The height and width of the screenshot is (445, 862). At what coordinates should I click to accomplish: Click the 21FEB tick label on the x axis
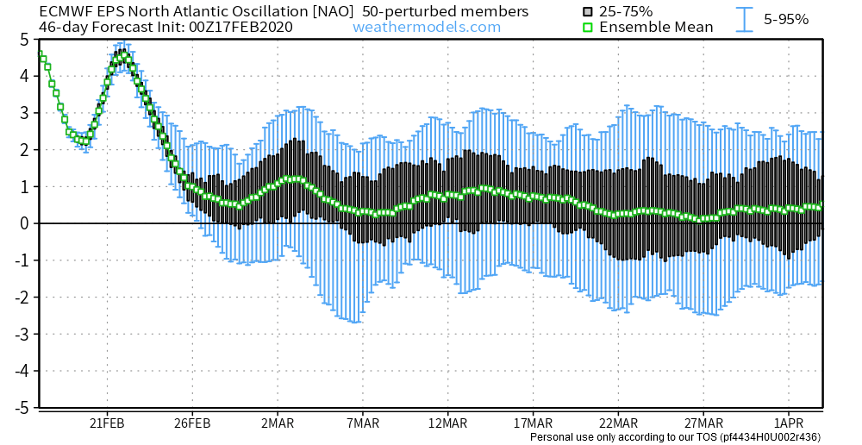point(106,423)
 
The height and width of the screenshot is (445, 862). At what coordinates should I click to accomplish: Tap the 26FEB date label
point(191,423)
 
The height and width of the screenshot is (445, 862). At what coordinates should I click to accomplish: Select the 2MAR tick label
point(277,423)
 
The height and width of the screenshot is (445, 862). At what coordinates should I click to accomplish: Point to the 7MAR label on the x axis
point(362,423)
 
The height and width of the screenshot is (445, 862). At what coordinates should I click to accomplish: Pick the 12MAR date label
point(447,423)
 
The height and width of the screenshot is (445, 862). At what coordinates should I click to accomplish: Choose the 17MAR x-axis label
point(533,423)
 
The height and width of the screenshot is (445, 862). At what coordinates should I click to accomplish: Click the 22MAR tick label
point(618,423)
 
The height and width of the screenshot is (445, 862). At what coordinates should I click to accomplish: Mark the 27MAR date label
point(703,423)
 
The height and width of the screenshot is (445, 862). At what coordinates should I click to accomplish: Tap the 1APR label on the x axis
point(788,423)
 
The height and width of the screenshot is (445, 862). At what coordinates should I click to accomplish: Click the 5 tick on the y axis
point(25,40)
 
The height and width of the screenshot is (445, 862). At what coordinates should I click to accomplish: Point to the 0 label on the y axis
point(25,223)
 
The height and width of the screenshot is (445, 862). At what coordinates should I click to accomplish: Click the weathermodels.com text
point(427,27)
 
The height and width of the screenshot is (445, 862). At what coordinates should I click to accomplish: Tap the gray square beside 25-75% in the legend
point(587,11)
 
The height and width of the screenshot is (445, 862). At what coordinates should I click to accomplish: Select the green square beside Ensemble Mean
point(587,27)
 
